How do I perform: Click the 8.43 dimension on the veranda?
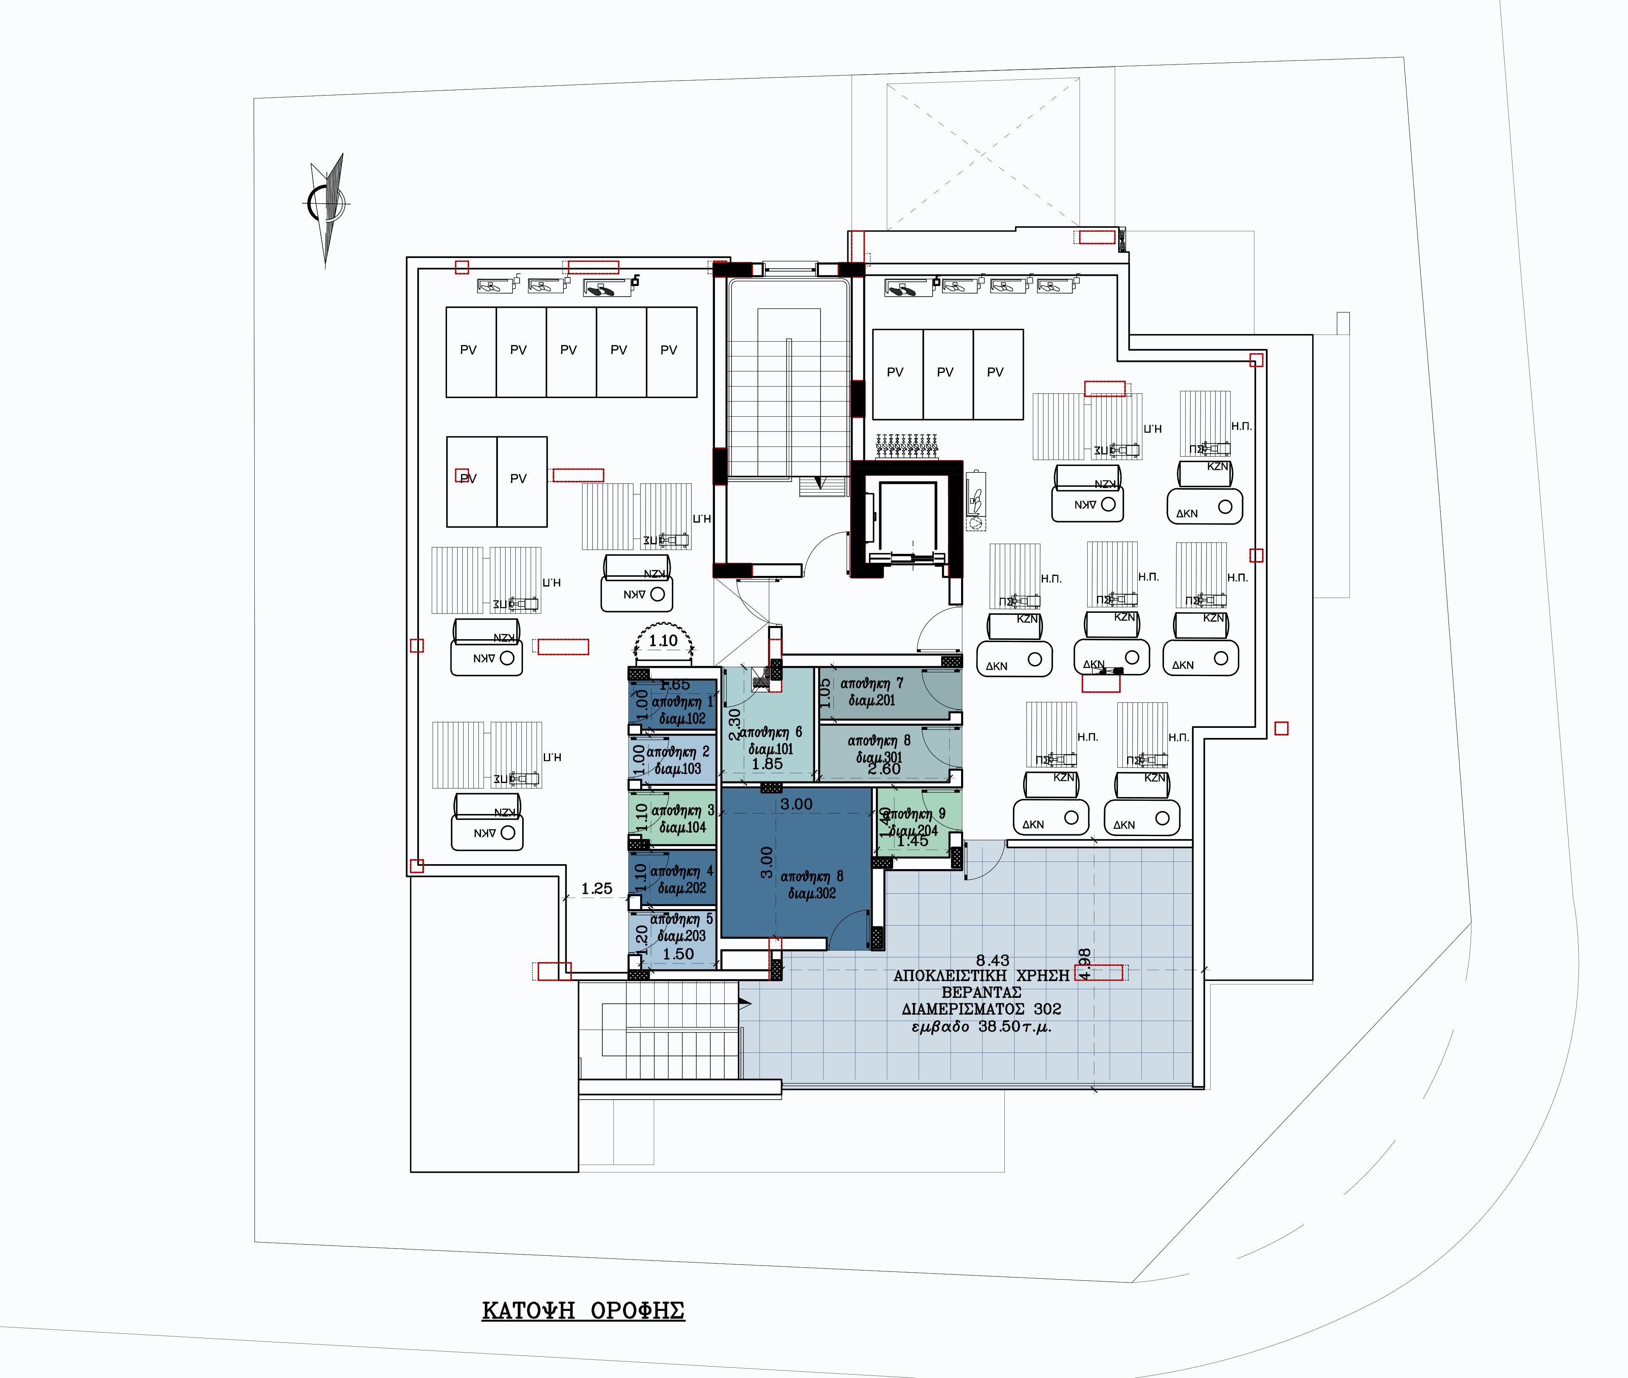[992, 960]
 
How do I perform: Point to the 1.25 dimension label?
[597, 888]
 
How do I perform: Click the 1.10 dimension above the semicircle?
[663, 640]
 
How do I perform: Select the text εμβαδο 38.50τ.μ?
[981, 1027]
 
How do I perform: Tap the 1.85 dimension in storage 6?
[767, 764]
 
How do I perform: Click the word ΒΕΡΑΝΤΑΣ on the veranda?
[981, 992]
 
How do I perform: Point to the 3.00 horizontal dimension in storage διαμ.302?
[796, 804]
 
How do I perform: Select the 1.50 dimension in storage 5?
[678, 954]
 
